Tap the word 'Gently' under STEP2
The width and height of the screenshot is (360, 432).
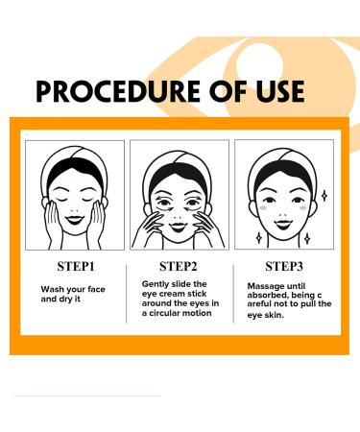coord(157,285)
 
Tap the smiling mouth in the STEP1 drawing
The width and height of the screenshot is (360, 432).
coord(74,213)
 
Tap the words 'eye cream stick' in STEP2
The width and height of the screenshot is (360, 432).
coord(176,295)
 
